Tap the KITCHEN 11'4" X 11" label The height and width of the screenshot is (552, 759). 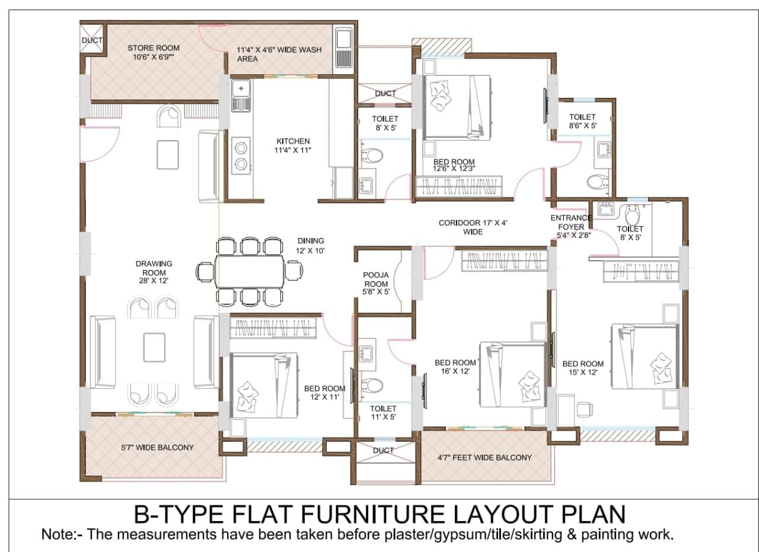point(293,145)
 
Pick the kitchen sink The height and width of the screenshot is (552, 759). point(241,96)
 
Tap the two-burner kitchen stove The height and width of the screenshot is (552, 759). point(241,156)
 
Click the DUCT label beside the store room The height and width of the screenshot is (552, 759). point(92,40)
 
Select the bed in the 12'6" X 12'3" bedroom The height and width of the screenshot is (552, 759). point(457,108)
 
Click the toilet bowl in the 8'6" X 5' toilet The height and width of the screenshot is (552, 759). point(598,182)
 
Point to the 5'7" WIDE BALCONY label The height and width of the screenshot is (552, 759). point(157,448)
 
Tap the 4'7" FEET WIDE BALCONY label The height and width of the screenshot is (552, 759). point(484,458)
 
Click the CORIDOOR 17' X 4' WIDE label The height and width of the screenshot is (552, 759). point(473,227)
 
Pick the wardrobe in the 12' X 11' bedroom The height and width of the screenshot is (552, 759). point(273,328)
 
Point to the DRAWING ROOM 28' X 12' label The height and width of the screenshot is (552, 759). point(154,272)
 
